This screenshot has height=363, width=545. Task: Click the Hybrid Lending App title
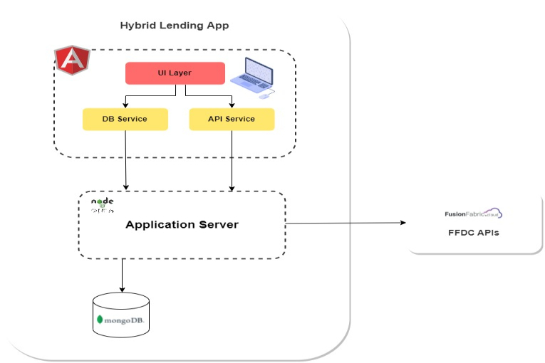coord(174,26)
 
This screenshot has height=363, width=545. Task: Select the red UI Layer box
coord(175,73)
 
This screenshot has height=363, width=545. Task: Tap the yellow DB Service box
coord(125,119)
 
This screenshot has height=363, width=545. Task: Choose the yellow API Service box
coord(232,119)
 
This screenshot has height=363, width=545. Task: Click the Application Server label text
coord(182,225)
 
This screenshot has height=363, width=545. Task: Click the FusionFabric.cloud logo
coord(474,214)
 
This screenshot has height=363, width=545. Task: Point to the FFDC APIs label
coord(474,232)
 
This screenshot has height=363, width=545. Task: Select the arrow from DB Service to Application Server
coord(126,160)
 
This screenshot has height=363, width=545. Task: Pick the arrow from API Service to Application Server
coord(232,160)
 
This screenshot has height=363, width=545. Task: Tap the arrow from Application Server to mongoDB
coord(123,274)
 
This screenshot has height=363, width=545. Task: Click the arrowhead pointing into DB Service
coord(125,105)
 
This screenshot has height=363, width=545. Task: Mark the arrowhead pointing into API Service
coord(232,105)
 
